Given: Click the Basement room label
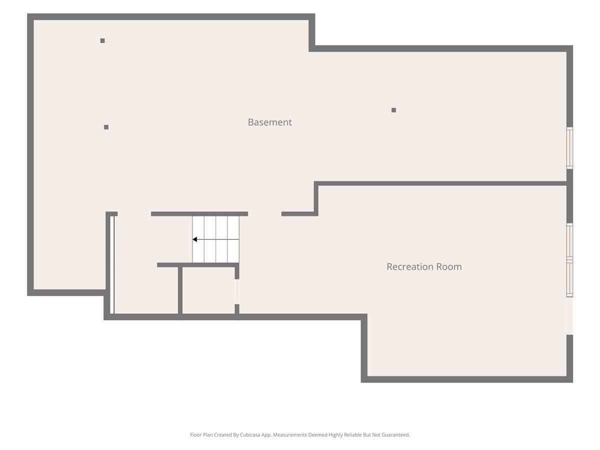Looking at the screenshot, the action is (x=269, y=122).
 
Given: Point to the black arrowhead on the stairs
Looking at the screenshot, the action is (x=194, y=239).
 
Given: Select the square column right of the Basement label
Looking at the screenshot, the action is (x=393, y=110).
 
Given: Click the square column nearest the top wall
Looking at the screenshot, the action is (x=102, y=40).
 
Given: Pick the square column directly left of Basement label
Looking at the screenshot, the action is (x=106, y=127).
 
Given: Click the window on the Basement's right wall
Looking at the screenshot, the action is (x=569, y=148).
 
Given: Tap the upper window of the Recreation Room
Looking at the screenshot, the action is (x=569, y=240).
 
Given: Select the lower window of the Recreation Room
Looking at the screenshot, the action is (x=569, y=278).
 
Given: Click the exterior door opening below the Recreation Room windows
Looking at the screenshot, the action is (x=569, y=317).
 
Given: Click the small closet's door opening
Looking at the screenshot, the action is (x=237, y=291).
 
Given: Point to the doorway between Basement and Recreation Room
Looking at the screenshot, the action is (x=264, y=214).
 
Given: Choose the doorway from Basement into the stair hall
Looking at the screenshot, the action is (x=134, y=214).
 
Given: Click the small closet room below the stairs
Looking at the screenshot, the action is (x=208, y=290).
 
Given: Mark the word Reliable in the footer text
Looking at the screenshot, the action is (x=353, y=434).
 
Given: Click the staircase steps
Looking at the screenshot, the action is (x=215, y=239).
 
